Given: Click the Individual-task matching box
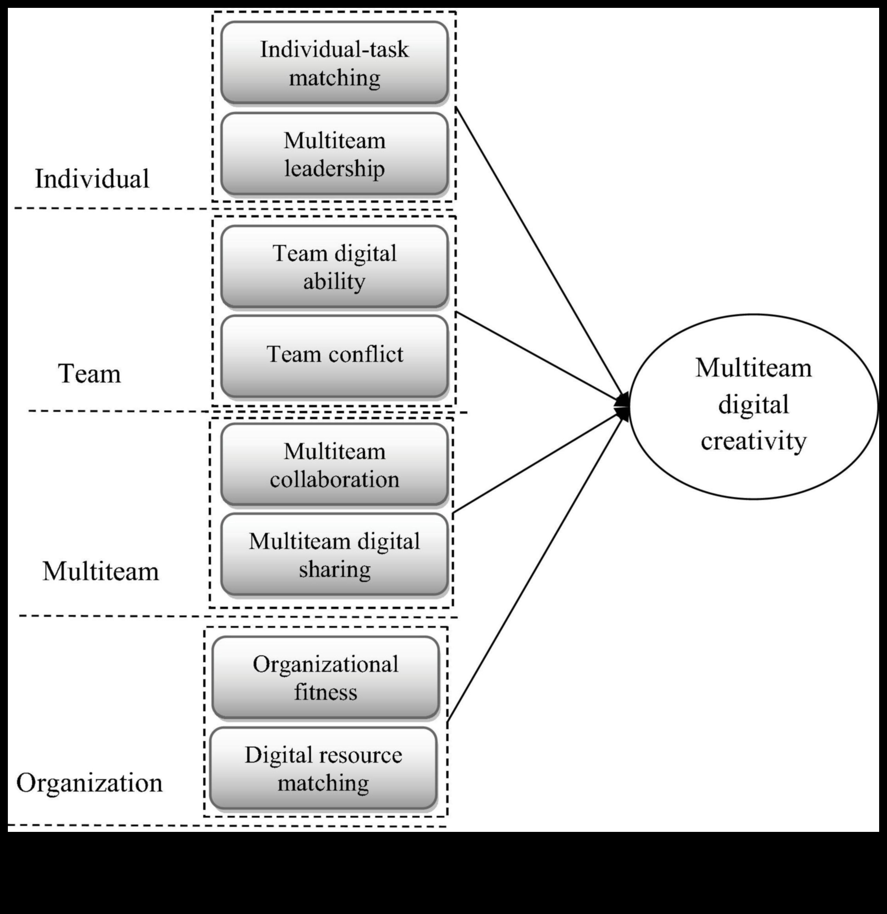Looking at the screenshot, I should [334, 63].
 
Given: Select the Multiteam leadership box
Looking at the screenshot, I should [334, 154].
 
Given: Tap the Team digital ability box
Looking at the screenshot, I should [334, 267].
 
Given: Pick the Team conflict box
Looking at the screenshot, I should [334, 355].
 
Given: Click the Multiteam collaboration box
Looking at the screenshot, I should [334, 465].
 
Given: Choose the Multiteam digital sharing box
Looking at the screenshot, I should [334, 555].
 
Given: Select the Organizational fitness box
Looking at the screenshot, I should [325, 677].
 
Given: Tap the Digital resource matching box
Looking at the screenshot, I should [323, 769].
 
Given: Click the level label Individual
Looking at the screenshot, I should [92, 179].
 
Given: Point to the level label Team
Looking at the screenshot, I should [90, 374].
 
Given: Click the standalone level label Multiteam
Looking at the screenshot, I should [101, 571].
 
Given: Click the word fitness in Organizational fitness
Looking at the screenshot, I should [325, 692].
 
